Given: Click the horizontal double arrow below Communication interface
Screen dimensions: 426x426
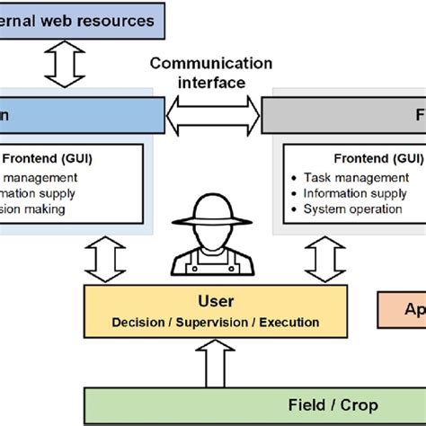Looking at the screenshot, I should tap(213, 115).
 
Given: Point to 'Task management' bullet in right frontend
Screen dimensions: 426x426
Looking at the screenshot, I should tap(343, 178).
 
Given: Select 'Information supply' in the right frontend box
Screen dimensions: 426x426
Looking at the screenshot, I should tap(349, 193).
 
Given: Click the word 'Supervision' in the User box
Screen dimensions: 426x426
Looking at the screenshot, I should tap(214, 322).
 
